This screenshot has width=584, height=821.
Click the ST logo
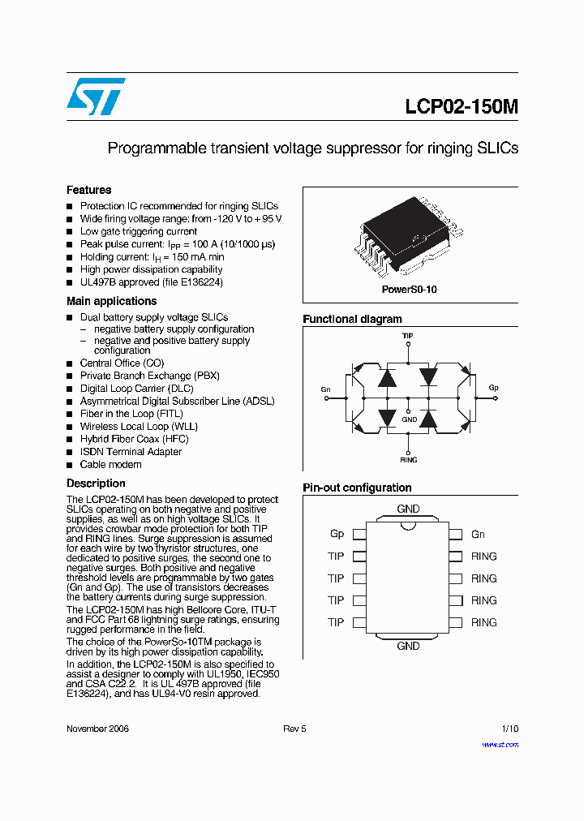pyautogui.click(x=96, y=97)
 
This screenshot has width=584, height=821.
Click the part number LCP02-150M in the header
pyautogui.click(x=462, y=107)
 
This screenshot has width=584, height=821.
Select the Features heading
pyautogui.click(x=89, y=190)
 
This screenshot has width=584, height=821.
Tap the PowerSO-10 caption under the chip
pyautogui.click(x=410, y=290)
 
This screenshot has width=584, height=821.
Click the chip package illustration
pyautogui.click(x=410, y=235)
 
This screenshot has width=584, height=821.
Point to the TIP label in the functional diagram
pyautogui.click(x=408, y=334)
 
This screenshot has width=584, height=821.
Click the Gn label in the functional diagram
pyautogui.click(x=325, y=389)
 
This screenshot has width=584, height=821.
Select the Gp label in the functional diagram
pyautogui.click(x=493, y=388)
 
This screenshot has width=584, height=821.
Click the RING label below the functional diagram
pyautogui.click(x=408, y=460)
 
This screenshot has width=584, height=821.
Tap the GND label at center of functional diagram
pyautogui.click(x=409, y=419)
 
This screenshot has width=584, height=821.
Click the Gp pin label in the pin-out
pyautogui.click(x=337, y=534)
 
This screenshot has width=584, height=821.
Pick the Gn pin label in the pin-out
pyautogui.click(x=478, y=534)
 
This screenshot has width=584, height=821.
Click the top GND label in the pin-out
pyautogui.click(x=408, y=509)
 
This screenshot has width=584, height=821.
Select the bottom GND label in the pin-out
pyautogui.click(x=408, y=646)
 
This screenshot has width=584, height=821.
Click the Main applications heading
pyautogui.click(x=111, y=301)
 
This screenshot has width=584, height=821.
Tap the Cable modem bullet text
pyautogui.click(x=110, y=465)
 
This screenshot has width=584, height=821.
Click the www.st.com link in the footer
pyautogui.click(x=500, y=744)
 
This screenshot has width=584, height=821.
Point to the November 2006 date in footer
pyautogui.click(x=97, y=729)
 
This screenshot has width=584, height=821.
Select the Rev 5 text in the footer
pyautogui.click(x=294, y=729)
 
